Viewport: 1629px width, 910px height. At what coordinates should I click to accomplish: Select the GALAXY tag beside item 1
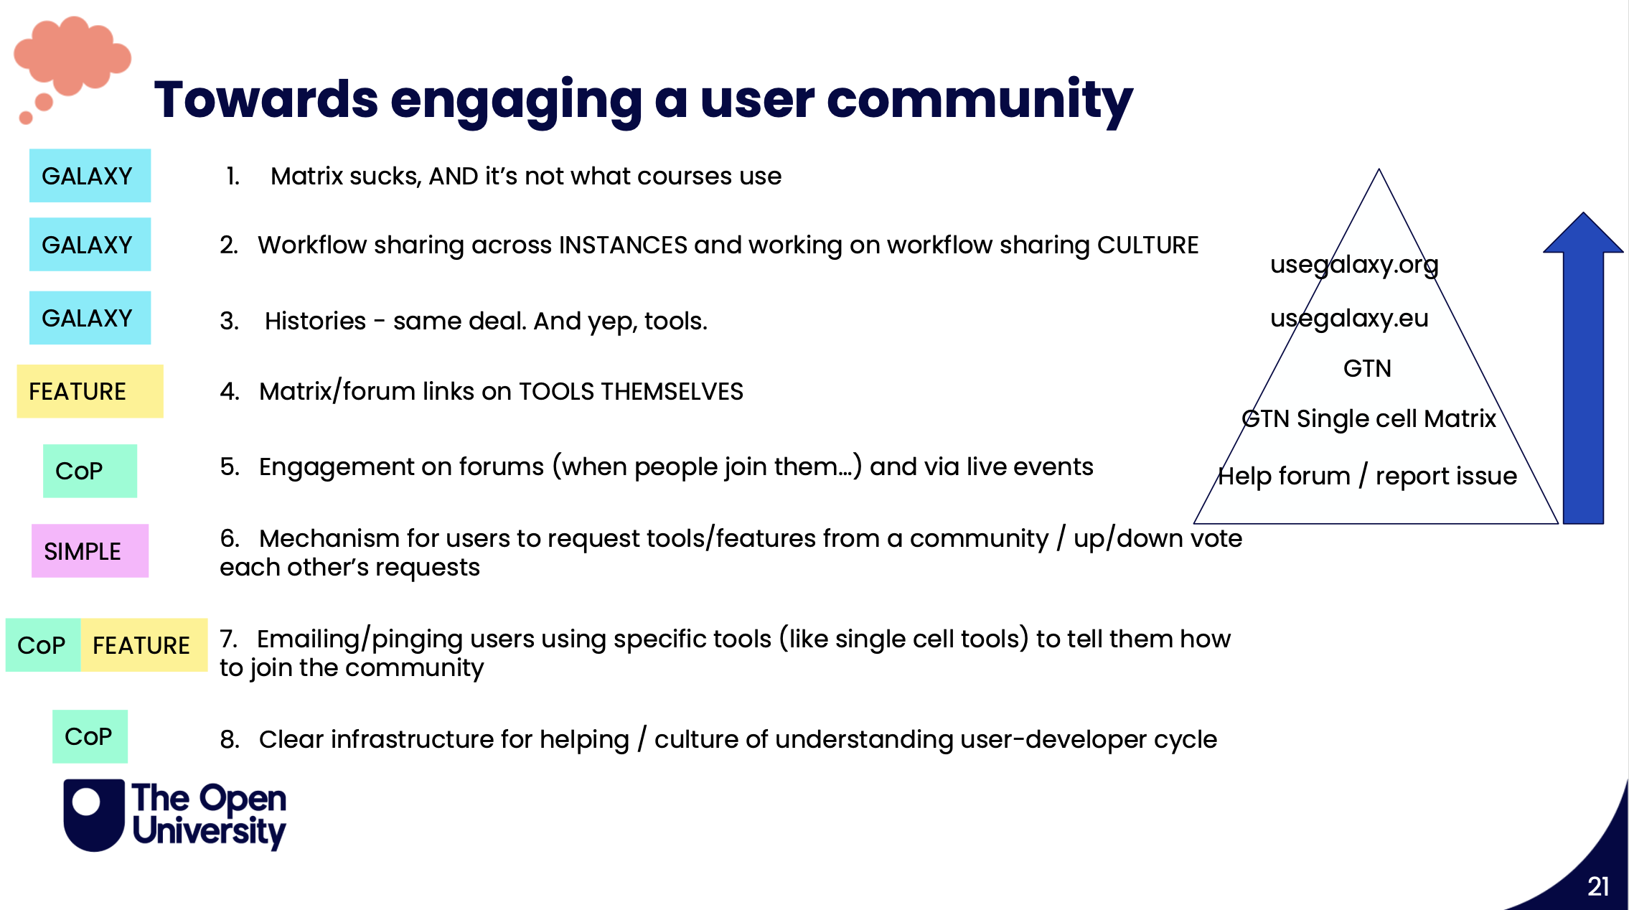(90, 176)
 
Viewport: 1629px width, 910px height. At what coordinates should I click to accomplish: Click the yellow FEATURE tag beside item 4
(90, 391)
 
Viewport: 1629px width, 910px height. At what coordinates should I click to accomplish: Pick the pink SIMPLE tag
(90, 551)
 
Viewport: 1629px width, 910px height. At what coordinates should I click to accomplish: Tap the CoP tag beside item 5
(90, 471)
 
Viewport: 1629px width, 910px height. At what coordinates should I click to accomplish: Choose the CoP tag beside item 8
(90, 736)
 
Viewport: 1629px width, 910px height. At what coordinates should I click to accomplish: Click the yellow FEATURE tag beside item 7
(144, 645)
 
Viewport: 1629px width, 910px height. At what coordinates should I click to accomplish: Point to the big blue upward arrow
(1583, 373)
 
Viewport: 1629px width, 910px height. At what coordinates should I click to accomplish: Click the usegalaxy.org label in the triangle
(1354, 265)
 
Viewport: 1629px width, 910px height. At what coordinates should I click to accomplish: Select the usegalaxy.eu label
(1349, 318)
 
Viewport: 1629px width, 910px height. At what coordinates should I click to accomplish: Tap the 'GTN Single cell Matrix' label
(1369, 418)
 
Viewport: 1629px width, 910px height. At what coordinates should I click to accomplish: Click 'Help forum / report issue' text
(1367, 476)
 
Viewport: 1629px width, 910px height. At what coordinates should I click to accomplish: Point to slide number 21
(1597, 886)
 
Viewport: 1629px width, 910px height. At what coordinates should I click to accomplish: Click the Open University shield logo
(94, 815)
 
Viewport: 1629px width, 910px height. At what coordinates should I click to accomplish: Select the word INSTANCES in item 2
(623, 245)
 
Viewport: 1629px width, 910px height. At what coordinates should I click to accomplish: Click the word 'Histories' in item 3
(315, 321)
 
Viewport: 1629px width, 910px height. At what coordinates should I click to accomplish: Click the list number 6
(229, 538)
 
